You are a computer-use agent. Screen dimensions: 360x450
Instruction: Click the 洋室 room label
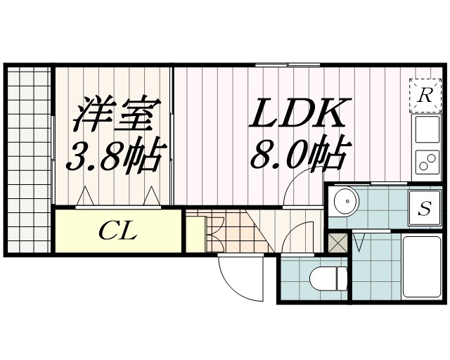[x=113, y=115]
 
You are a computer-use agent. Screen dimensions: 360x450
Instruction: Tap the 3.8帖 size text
[x=113, y=156]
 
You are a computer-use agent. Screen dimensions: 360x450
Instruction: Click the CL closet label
[x=117, y=230]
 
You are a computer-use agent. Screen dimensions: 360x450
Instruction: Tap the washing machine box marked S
[x=425, y=208]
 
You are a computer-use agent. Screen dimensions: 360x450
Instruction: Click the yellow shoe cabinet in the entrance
[x=195, y=233]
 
